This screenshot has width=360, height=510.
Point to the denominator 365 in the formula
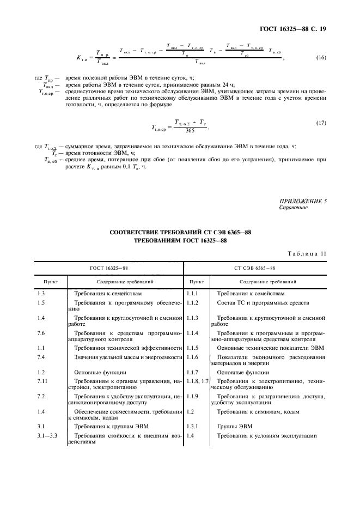189,131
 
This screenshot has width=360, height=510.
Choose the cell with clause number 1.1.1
193,293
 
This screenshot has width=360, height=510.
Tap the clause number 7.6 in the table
41,332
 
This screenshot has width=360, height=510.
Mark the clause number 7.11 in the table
42,381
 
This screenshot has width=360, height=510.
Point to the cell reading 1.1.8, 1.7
197,381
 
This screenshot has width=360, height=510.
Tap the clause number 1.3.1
193,424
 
